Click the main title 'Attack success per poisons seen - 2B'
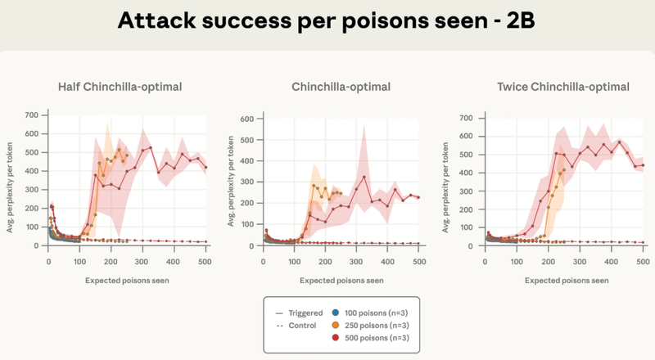tap(327, 20)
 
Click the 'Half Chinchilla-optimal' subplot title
tap(120, 86)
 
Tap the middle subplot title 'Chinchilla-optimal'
tap(341, 86)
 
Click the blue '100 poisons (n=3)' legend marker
tap(335, 312)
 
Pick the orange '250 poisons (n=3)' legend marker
tap(335, 325)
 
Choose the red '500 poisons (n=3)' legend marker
tap(335, 338)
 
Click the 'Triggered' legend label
tap(299, 312)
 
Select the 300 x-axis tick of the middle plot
tap(356, 262)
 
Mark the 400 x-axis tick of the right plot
tap(611, 262)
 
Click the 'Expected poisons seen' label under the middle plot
tap(341, 280)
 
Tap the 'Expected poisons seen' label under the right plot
tap(564, 280)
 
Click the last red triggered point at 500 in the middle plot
tap(418, 197)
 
